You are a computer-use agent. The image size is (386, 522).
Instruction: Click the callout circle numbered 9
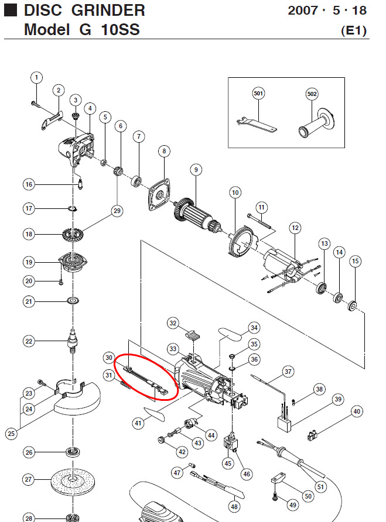196,170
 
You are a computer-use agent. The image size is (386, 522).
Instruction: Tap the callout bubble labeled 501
258,94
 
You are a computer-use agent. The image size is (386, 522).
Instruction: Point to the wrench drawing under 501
257,123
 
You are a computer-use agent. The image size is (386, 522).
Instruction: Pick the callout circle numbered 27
28,479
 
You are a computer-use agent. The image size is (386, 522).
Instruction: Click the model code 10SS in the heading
118,29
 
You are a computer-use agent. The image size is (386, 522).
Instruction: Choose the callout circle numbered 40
357,411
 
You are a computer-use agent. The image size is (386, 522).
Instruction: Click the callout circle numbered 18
28,234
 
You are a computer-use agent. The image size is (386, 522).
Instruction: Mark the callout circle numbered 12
295,227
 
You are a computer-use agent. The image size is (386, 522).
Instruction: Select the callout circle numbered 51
320,486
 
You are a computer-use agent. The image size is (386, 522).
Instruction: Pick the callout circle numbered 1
36,77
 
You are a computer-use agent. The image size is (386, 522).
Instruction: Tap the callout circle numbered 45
227,463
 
